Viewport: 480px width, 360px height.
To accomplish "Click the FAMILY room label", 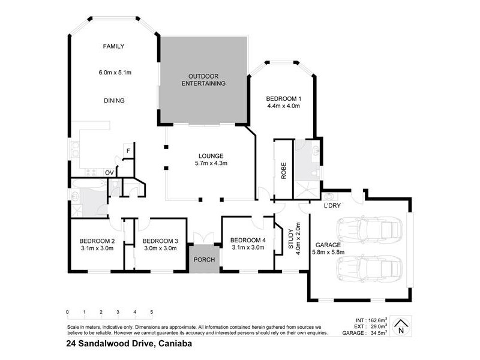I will tap(113, 46).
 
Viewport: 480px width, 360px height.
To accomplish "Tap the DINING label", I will tap(113, 101).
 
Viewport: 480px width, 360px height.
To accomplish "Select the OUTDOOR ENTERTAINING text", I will tap(203, 80).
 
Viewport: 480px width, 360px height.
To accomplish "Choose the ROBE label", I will tap(283, 170).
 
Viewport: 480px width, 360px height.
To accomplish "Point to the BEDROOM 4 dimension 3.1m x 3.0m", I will tap(247, 247).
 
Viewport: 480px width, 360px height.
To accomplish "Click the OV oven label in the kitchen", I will tap(109, 173).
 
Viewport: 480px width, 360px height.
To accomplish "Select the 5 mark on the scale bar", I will tap(152, 312).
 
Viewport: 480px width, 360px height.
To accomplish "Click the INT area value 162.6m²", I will tap(378, 321).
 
